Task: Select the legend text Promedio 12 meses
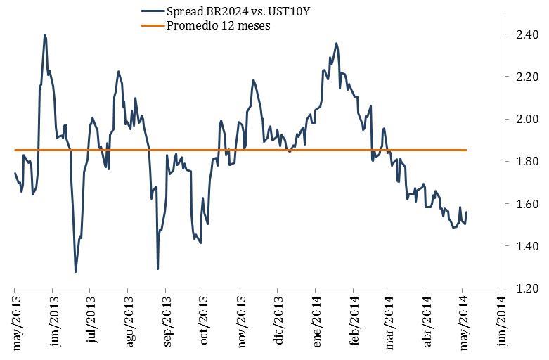(218, 25)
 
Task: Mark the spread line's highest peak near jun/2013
(44, 34)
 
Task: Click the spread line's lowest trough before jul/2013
(75, 271)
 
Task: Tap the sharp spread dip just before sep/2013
(157, 269)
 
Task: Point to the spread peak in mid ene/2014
(336, 43)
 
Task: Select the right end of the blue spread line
(467, 212)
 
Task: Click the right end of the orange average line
(467, 150)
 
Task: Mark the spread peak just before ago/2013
(118, 71)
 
